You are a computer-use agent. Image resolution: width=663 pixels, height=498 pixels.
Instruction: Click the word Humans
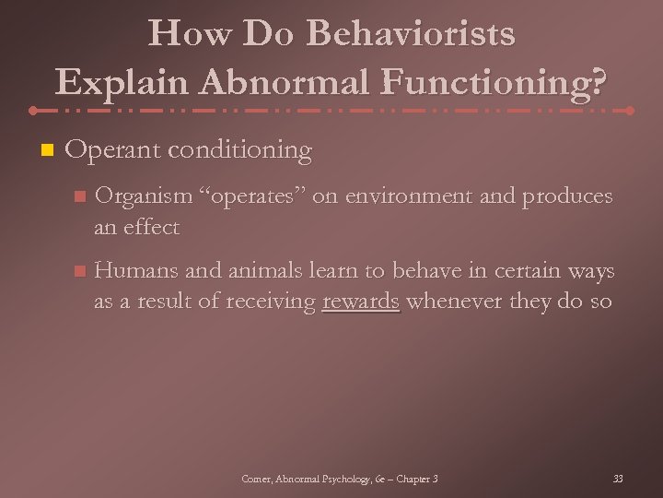pyautogui.click(x=134, y=271)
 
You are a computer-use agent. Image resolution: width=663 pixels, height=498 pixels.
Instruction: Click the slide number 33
pyautogui.click(x=618, y=478)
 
